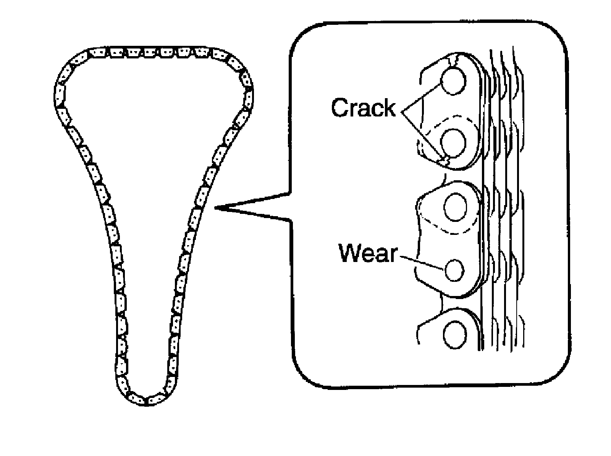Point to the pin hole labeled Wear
click(454, 270)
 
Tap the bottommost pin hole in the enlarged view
click(455, 335)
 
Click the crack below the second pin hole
click(444, 160)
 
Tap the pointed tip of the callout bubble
click(216, 208)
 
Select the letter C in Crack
click(340, 108)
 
